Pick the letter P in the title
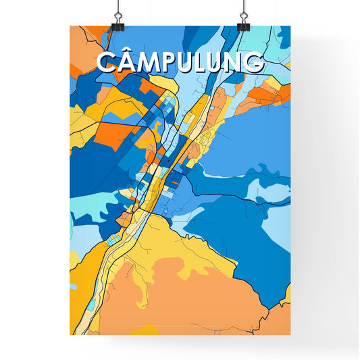tap(174, 62)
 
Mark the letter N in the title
tap(235, 62)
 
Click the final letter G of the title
tap(254, 62)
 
